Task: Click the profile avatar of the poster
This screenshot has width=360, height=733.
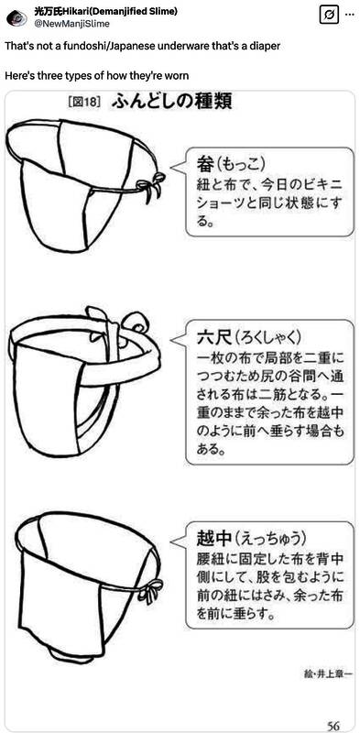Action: coord(16,17)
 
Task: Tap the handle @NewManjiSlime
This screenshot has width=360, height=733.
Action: coord(71,24)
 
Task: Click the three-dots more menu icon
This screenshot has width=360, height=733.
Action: coord(349,15)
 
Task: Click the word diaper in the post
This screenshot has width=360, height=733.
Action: coord(267,48)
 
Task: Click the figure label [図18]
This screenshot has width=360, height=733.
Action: coord(84,103)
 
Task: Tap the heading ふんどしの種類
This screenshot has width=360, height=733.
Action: coord(171,102)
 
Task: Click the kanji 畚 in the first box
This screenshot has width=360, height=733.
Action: coord(205,164)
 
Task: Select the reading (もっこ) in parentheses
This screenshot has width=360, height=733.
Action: coord(241,165)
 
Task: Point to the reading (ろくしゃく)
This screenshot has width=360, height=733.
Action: coord(268,336)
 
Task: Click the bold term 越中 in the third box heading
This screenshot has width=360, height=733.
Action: coord(214,538)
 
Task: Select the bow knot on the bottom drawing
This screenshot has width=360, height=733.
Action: coord(150,588)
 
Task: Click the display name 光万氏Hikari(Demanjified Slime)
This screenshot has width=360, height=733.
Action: coord(105,12)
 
